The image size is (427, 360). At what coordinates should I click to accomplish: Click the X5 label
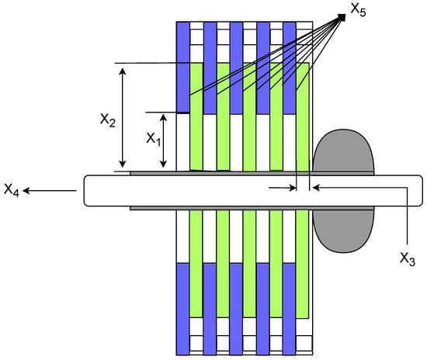(x=358, y=10)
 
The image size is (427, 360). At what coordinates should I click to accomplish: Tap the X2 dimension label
(x=108, y=120)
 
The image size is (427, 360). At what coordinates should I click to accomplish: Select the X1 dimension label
(x=154, y=139)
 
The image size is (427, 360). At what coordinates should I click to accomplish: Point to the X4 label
(x=12, y=189)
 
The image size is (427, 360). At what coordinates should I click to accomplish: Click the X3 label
(x=408, y=258)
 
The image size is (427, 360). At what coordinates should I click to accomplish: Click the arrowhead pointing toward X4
(x=26, y=191)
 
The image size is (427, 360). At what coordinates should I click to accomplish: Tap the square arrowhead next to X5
(x=342, y=17)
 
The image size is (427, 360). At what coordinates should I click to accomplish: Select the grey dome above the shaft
(x=343, y=152)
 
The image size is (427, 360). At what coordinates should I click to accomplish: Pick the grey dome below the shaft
(x=343, y=230)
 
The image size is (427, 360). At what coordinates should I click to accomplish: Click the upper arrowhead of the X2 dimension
(x=123, y=71)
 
